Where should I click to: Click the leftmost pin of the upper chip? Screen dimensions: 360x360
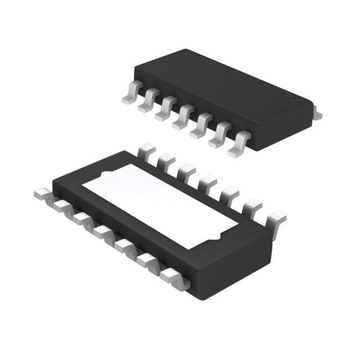(130, 94)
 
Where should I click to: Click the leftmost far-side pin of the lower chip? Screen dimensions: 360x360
(146, 151)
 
